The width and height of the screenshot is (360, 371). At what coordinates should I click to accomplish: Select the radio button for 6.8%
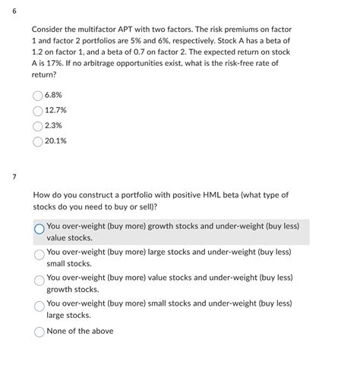38,96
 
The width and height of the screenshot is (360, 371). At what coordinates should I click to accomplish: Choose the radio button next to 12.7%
38,111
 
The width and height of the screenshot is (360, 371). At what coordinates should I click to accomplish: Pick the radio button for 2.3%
38,125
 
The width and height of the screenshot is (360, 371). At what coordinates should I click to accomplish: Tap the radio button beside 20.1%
38,140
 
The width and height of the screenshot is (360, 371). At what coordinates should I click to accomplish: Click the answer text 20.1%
56,140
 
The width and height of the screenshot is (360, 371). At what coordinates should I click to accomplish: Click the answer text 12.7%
56,111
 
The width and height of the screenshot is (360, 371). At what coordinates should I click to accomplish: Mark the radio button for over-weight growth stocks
39,228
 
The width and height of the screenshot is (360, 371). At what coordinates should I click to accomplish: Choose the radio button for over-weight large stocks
39,255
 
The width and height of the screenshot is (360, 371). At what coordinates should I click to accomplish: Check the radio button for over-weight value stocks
39,281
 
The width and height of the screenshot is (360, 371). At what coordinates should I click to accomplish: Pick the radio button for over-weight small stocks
39,307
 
